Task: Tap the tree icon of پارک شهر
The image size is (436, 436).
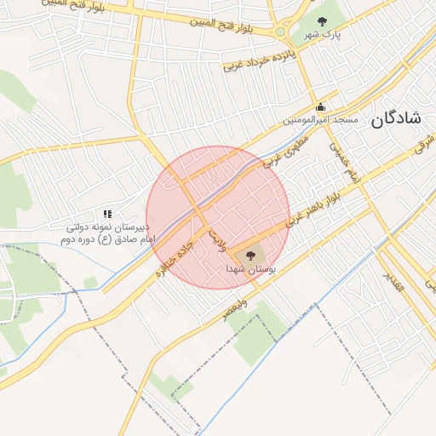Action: tap(321, 21)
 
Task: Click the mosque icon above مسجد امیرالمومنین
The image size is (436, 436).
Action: tap(320, 107)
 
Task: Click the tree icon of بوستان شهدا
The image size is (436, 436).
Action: tap(250, 255)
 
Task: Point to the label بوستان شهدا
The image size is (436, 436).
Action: tap(247, 268)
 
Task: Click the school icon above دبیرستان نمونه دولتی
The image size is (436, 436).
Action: tap(107, 214)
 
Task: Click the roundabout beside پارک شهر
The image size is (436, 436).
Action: tap(280, 32)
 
